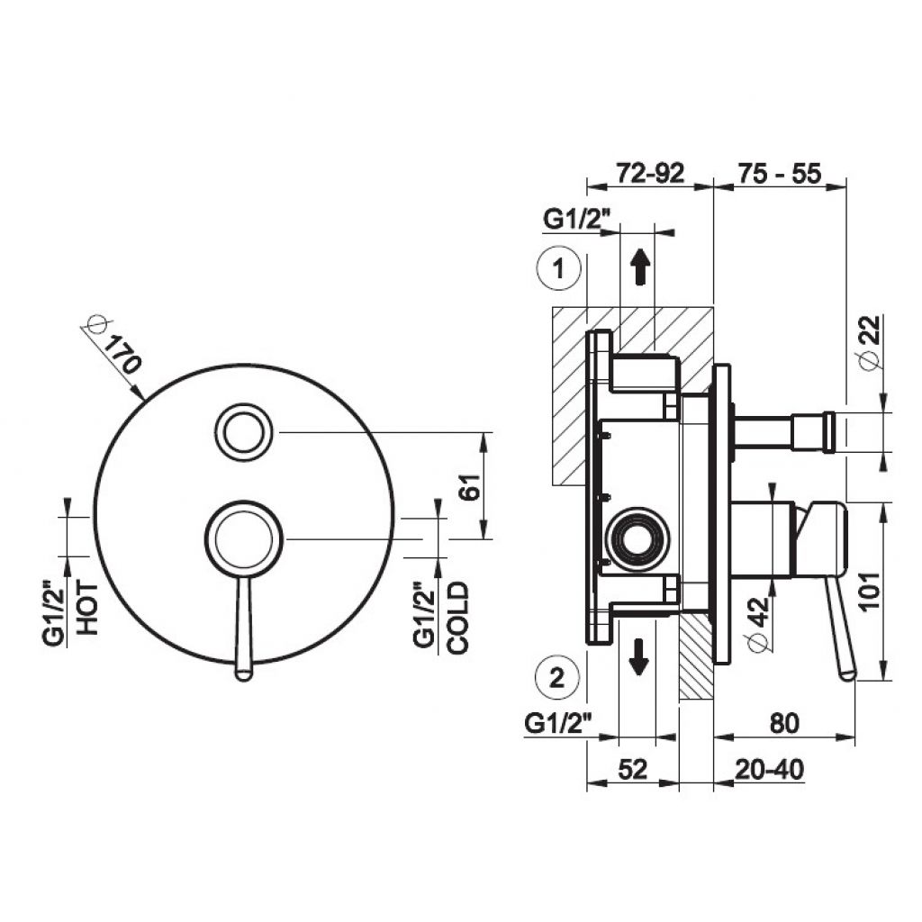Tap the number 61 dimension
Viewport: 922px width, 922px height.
pyautogui.click(x=471, y=485)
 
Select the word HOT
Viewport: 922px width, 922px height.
pyautogui.click(x=88, y=608)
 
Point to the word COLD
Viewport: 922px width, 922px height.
pyautogui.click(x=458, y=618)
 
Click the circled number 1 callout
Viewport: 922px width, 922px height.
pyautogui.click(x=559, y=268)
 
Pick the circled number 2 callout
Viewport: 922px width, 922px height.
pyautogui.click(x=557, y=678)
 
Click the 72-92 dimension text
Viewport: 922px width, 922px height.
pyautogui.click(x=650, y=173)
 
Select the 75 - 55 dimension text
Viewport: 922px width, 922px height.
pyautogui.click(x=779, y=174)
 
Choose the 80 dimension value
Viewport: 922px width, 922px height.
pyautogui.click(x=784, y=723)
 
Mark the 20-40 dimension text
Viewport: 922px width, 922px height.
pyautogui.click(x=769, y=769)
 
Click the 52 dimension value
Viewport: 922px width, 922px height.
pyautogui.click(x=633, y=769)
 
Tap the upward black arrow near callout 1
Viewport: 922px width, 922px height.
pyautogui.click(x=640, y=267)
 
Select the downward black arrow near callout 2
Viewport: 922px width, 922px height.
pyautogui.click(x=638, y=656)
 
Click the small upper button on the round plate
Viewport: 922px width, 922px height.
pyautogui.click(x=243, y=431)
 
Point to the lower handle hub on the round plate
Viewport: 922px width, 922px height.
pyautogui.click(x=244, y=538)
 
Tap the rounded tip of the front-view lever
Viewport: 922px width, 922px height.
pyautogui.click(x=243, y=673)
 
